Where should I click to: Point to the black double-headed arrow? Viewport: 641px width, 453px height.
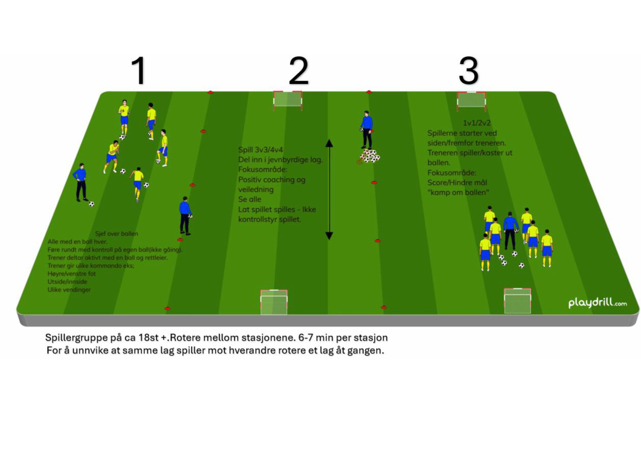(329, 190)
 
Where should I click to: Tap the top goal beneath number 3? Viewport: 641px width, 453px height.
(471, 100)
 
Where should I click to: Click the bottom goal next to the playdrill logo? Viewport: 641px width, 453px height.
(517, 301)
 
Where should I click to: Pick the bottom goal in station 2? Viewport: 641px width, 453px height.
(274, 302)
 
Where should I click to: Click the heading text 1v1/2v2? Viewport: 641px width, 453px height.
(477, 123)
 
